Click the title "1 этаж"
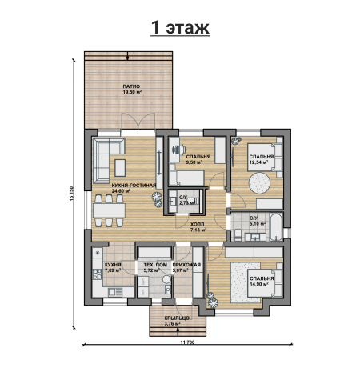(x=180, y=27)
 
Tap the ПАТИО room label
(x=131, y=86)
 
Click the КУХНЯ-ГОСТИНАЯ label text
(x=134, y=186)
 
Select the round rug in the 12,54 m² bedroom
(x=259, y=183)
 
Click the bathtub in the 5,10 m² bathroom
(x=276, y=226)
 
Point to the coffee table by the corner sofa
(x=120, y=168)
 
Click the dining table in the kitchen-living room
(x=109, y=210)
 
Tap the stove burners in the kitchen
(x=98, y=274)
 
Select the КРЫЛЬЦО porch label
(x=177, y=318)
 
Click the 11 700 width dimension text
(x=187, y=342)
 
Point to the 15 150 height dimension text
(x=71, y=194)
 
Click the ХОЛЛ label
(x=198, y=225)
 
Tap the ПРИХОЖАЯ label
(x=186, y=265)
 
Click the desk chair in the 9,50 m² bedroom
(x=179, y=150)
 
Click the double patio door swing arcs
(x=138, y=122)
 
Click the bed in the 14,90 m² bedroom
(x=265, y=282)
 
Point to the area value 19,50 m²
(x=132, y=92)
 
